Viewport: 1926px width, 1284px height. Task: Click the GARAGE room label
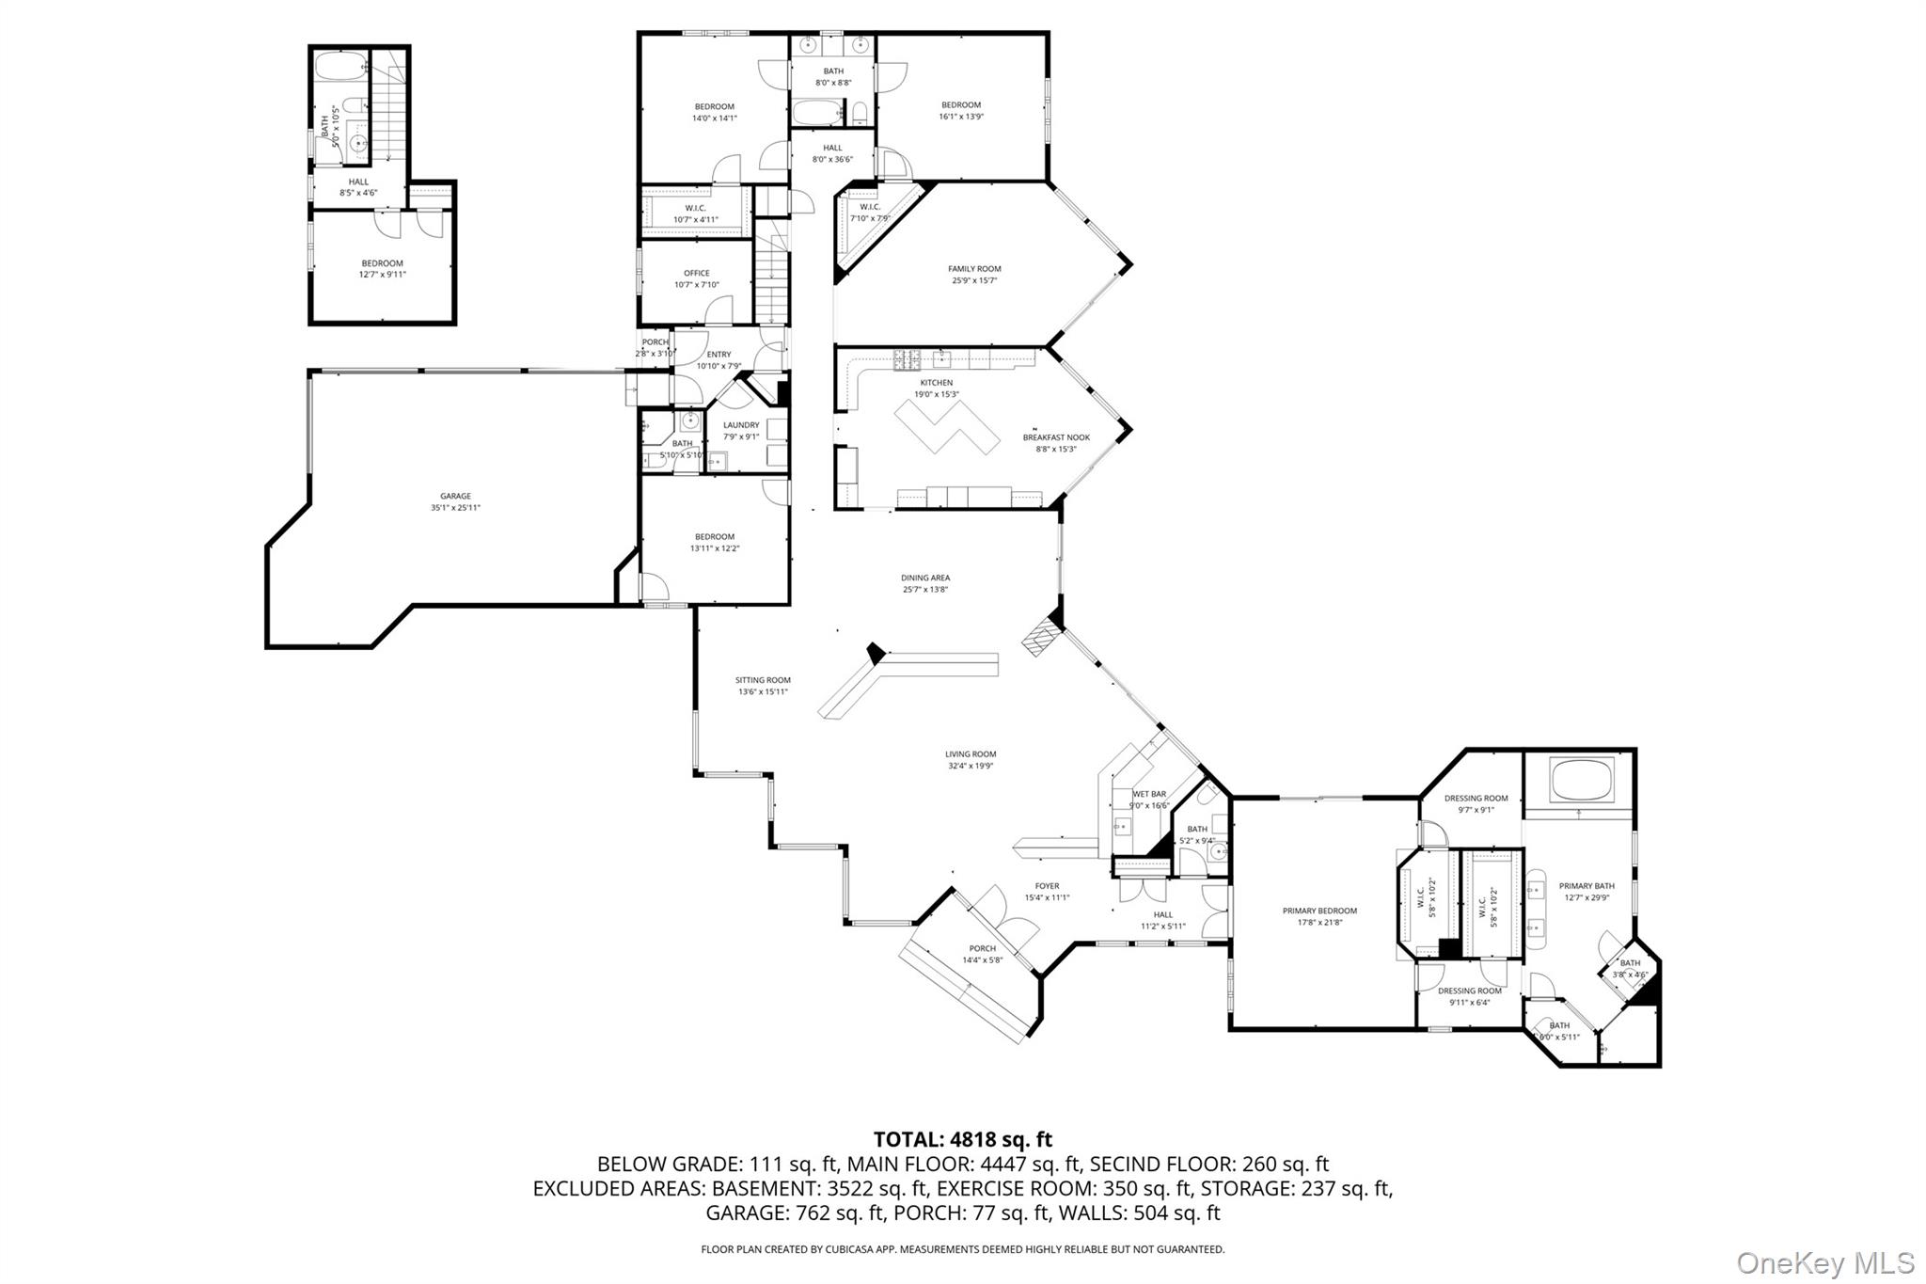pos(455,496)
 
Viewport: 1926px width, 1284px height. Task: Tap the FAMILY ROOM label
pos(974,269)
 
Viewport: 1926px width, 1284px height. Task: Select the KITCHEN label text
pos(936,383)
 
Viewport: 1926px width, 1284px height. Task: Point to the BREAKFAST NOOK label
pos(1056,437)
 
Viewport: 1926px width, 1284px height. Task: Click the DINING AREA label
pos(924,579)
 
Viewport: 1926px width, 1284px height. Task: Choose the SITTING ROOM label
pos(763,680)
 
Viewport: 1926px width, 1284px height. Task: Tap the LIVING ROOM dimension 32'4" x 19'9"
pos(971,766)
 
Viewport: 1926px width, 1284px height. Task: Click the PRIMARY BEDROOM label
pos(1319,911)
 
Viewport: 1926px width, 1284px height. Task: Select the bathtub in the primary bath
pos(1581,781)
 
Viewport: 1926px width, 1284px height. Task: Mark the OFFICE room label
pos(697,274)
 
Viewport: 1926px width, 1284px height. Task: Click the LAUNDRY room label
pos(741,425)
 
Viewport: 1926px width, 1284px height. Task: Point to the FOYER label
pos(1047,886)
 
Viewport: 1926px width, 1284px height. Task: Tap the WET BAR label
pos(1149,794)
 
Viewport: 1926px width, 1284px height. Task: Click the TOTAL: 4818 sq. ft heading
pos(962,1140)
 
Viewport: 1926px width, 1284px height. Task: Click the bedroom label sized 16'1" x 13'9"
pos(961,105)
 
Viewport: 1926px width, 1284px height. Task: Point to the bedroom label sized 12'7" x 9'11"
pos(382,263)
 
